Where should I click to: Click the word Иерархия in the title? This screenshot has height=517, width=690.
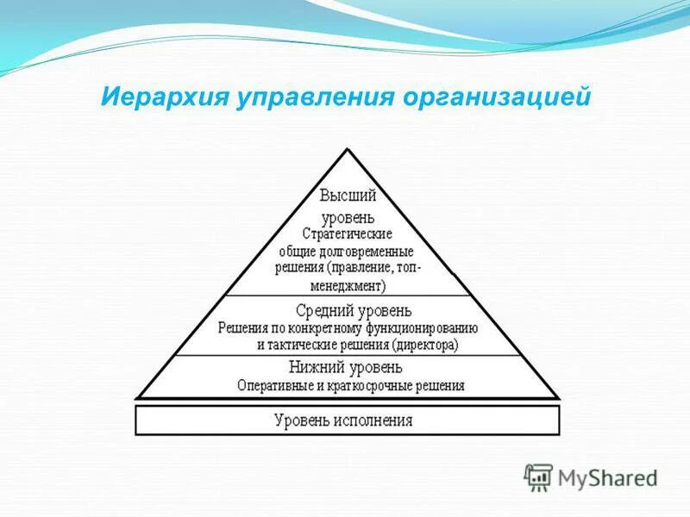point(160,96)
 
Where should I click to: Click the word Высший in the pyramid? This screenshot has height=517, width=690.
point(348,196)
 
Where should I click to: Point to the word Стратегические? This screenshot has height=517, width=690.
point(348,234)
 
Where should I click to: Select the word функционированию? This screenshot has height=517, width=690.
point(418,327)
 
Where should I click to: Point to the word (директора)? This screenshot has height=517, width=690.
point(424,345)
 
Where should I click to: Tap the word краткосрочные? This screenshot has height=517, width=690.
point(371,385)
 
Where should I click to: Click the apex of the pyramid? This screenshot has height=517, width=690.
point(348,149)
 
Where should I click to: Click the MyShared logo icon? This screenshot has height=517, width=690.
point(538,476)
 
